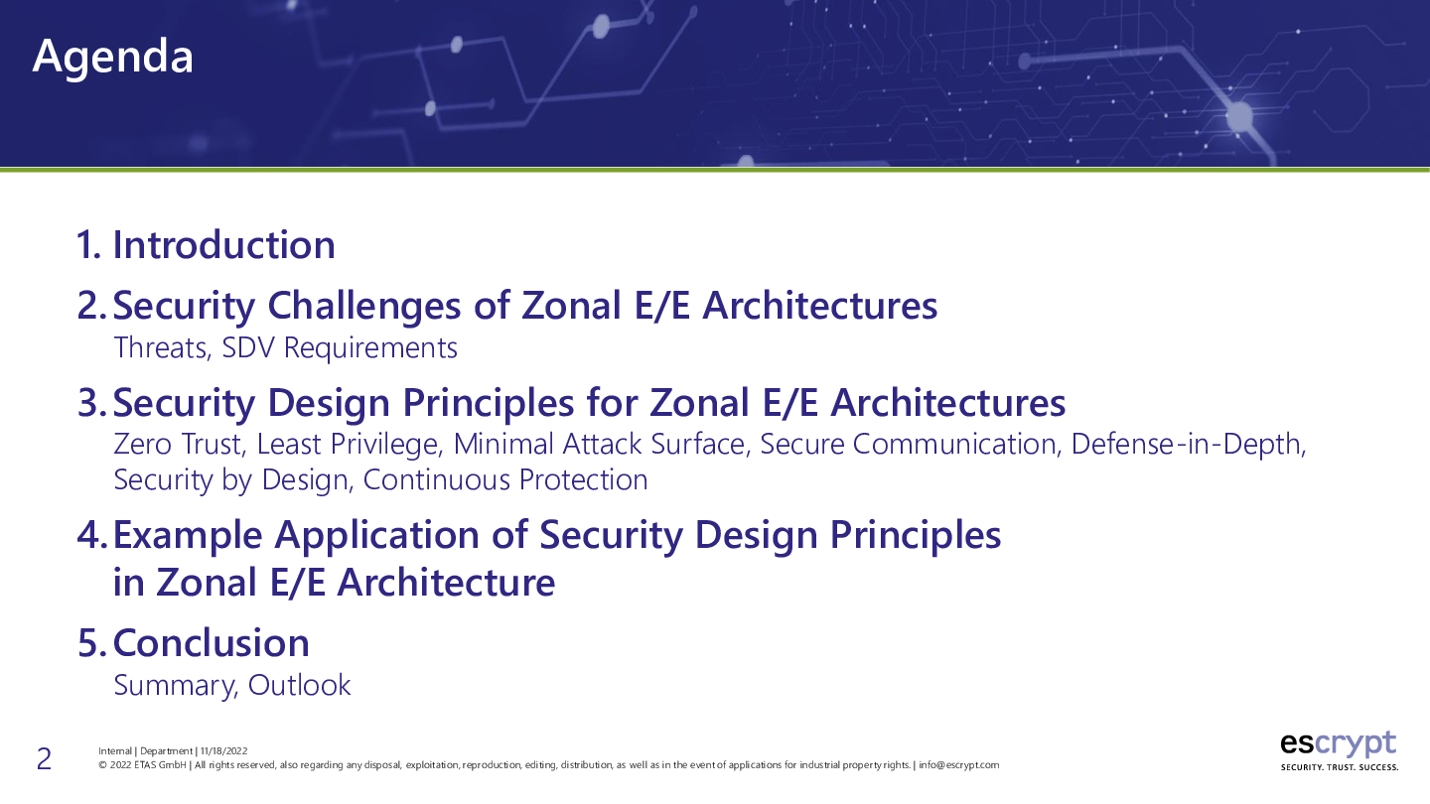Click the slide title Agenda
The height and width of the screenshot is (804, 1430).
click(112, 58)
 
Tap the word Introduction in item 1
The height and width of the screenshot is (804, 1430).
click(224, 245)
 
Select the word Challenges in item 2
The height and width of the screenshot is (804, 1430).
click(363, 306)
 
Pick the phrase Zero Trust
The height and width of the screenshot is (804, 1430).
click(180, 444)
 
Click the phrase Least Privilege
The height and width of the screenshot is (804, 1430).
click(350, 445)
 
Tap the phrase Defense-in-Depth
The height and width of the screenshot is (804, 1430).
click(1188, 445)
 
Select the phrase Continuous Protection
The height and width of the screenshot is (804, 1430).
click(505, 480)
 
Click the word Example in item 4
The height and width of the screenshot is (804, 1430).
click(188, 535)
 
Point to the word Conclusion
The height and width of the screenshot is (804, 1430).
click(212, 642)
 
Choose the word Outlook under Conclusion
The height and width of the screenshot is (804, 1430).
click(300, 685)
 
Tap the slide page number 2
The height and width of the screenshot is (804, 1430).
click(44, 759)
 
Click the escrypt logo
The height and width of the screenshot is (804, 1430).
click(1338, 744)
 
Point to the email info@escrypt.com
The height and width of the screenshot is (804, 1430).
click(959, 765)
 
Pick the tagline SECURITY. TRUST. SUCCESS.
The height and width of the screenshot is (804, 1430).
click(1340, 767)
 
